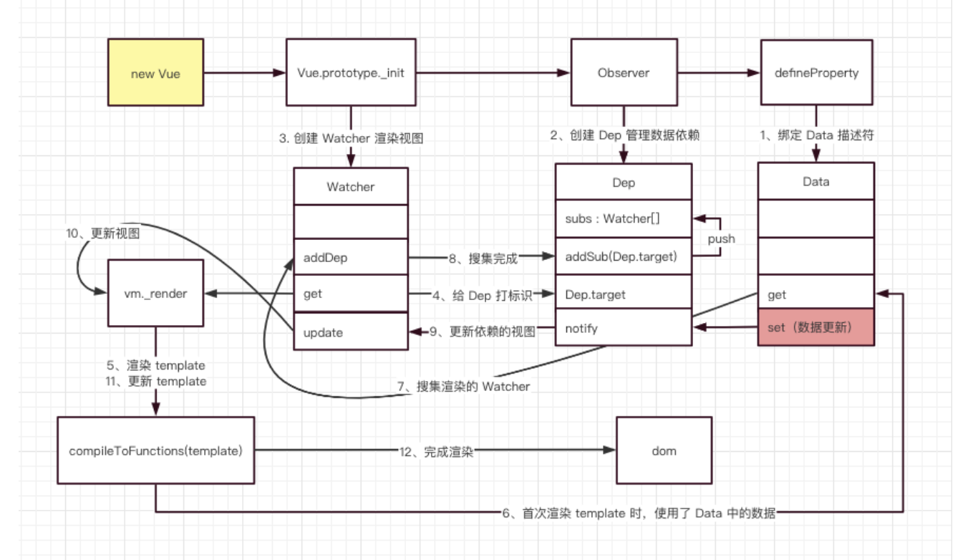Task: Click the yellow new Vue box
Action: coord(155,74)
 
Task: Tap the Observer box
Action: coord(624,74)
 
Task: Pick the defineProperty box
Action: coord(816,74)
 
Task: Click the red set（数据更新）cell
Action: coord(815,328)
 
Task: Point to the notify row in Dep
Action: coord(623,329)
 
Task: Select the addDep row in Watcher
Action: coord(351,258)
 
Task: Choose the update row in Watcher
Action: coord(351,332)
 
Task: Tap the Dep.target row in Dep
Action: coord(623,294)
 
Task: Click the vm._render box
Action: coord(155,294)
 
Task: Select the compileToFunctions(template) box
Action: coord(155,451)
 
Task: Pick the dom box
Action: coord(664,451)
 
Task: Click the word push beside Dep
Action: coord(721,239)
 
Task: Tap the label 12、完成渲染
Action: coord(437,452)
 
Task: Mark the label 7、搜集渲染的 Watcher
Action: coord(463,387)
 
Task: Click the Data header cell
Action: coord(815,182)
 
